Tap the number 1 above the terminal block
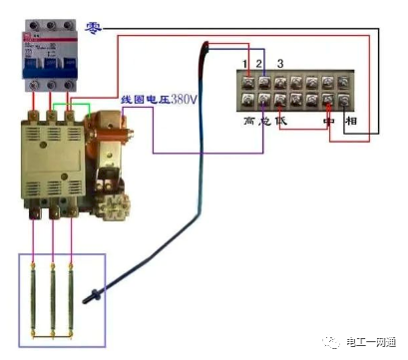click(244, 66)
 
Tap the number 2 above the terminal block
click(260, 66)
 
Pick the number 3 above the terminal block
click(280, 65)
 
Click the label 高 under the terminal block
click(249, 121)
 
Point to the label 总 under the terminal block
click(264, 121)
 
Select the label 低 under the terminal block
click(279, 121)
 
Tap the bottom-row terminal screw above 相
click(346, 101)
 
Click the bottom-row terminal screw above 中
click(329, 101)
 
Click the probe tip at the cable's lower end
click(92, 296)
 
